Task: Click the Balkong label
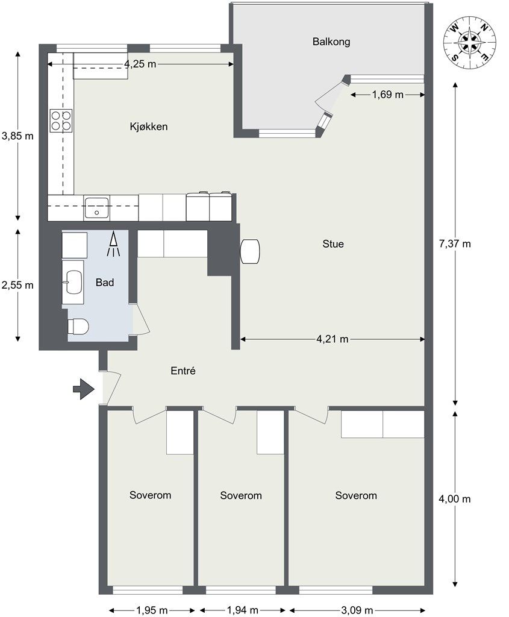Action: (x=331, y=42)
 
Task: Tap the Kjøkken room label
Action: (x=149, y=127)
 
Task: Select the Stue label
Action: (x=333, y=244)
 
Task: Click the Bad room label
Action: (x=105, y=283)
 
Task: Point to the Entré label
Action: (x=183, y=371)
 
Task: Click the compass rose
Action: (x=470, y=43)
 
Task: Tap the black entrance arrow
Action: (x=84, y=389)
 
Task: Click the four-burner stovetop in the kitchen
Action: (x=61, y=121)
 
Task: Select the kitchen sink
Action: (x=96, y=208)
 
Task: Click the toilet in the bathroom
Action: (x=78, y=327)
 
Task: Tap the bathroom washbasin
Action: (x=74, y=282)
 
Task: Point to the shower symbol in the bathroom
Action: (x=113, y=245)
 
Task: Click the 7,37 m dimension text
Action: (x=455, y=244)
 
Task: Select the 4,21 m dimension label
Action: (x=333, y=339)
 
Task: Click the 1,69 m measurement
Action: (x=387, y=95)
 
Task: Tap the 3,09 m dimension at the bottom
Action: (x=357, y=610)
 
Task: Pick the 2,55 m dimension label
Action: (x=17, y=285)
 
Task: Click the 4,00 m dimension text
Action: (x=455, y=499)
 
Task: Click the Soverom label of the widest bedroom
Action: (x=356, y=495)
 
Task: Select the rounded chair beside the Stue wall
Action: (x=250, y=251)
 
